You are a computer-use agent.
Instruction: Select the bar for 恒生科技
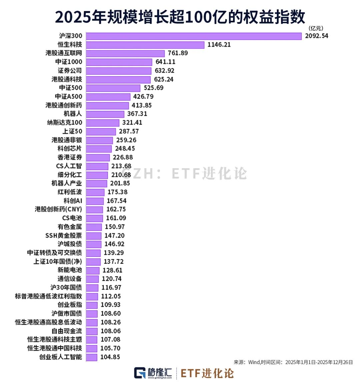click(x=145, y=45)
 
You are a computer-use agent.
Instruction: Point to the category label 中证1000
click(x=69, y=62)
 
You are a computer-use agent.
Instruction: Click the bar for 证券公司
click(x=119, y=71)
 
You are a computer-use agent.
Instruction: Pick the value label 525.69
click(x=153, y=88)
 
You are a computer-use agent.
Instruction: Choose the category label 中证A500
click(x=69, y=96)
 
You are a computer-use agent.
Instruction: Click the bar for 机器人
click(x=105, y=114)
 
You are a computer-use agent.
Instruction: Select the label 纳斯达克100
click(x=65, y=122)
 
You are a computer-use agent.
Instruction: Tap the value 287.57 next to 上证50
click(x=129, y=131)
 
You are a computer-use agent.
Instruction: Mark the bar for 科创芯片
click(x=99, y=148)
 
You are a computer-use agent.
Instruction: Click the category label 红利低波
click(x=70, y=192)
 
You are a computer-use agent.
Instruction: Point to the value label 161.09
click(x=116, y=218)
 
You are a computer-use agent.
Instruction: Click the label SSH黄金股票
click(x=64, y=235)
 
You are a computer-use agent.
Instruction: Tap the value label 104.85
click(x=110, y=357)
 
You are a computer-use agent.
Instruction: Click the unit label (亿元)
click(x=316, y=28)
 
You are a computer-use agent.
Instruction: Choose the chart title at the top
click(x=180, y=17)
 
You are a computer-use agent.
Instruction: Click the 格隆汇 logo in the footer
click(x=153, y=373)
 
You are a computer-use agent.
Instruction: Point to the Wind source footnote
click(x=293, y=362)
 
